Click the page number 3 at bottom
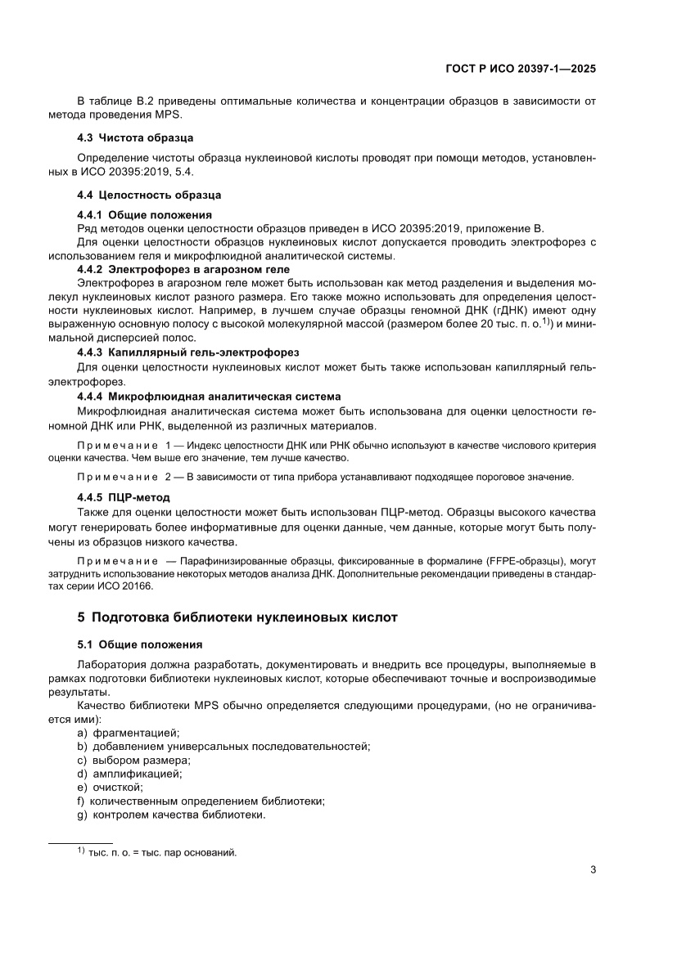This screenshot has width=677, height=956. [x=592, y=869]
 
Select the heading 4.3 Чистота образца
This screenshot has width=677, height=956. [x=134, y=137]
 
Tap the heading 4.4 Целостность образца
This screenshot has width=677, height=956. [x=148, y=195]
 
